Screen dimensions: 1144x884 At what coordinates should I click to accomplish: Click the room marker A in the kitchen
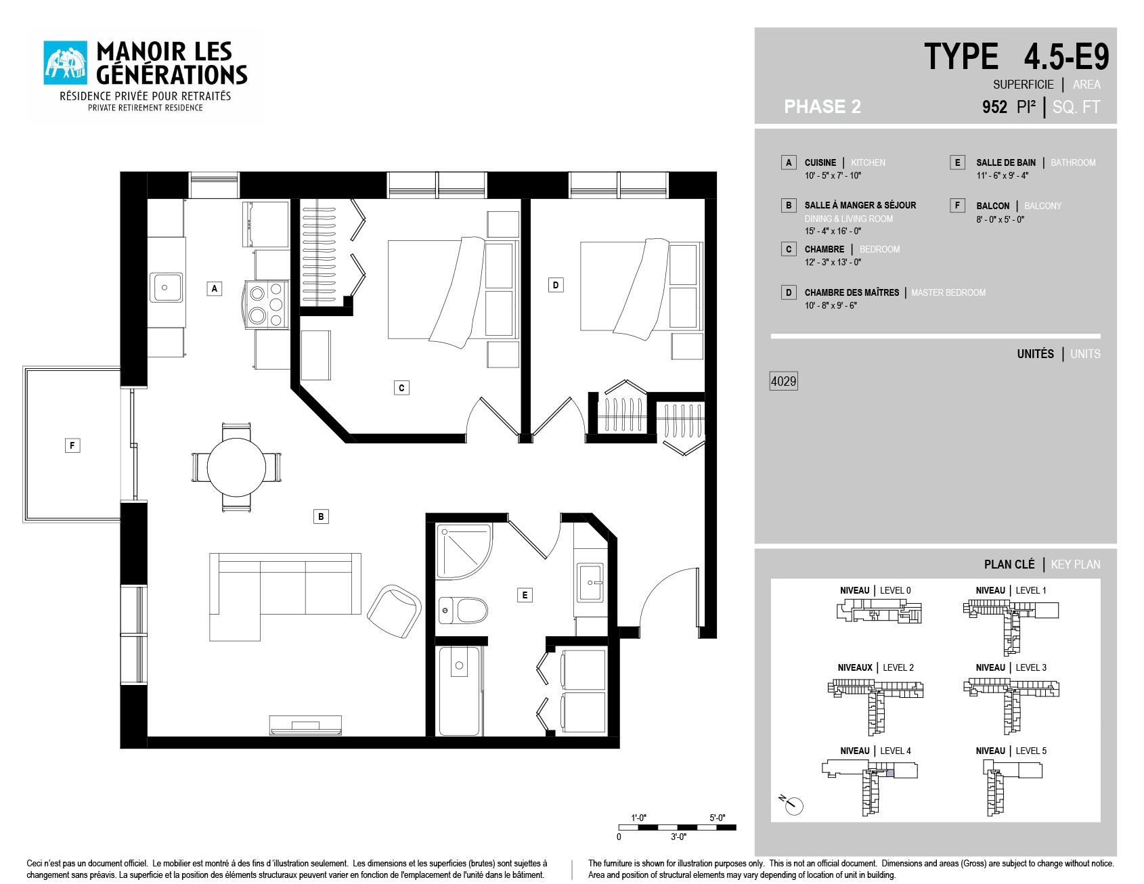click(x=215, y=288)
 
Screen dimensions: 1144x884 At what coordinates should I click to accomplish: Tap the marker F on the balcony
click(x=72, y=445)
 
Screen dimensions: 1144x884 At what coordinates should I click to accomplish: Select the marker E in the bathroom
click(x=525, y=595)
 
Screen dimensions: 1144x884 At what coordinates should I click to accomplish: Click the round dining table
click(x=236, y=467)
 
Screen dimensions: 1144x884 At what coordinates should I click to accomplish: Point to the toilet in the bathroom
click(x=463, y=610)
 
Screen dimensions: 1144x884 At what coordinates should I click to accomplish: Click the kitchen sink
click(x=166, y=288)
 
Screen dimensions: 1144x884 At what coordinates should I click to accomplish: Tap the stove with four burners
click(x=267, y=305)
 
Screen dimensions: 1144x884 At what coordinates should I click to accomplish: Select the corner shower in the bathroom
click(x=463, y=551)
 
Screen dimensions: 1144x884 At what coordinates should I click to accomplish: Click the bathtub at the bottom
click(x=460, y=691)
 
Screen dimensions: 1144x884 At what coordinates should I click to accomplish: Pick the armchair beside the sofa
click(x=394, y=611)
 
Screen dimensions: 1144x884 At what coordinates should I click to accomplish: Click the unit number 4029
click(x=783, y=381)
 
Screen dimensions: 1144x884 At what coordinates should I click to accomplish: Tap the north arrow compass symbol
click(x=792, y=804)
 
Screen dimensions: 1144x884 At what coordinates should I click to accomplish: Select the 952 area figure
click(x=994, y=107)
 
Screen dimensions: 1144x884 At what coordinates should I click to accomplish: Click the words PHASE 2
click(x=822, y=107)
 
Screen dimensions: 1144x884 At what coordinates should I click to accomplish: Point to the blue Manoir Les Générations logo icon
click(x=66, y=63)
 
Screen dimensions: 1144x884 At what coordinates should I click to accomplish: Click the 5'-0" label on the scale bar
click(x=717, y=818)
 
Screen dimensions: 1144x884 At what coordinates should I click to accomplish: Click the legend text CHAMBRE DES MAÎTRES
click(x=852, y=292)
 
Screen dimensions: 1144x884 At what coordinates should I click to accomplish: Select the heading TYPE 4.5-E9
click(x=1017, y=56)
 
